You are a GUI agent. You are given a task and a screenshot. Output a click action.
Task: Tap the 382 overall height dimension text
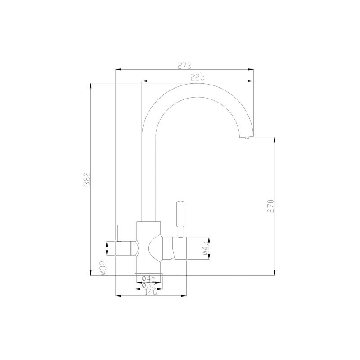coord(88,179)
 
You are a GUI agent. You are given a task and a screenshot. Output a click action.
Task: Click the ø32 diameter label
coord(103,267)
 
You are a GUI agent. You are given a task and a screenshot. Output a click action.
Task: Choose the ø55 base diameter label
coord(148,285)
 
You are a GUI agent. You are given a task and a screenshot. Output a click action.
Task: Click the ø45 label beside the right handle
coord(204,249)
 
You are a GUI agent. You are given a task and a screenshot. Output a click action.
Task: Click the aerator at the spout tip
coord(247,138)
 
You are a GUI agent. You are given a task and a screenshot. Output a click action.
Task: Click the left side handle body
coord(126,248)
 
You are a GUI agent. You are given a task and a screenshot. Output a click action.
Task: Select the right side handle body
coord(178,248)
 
